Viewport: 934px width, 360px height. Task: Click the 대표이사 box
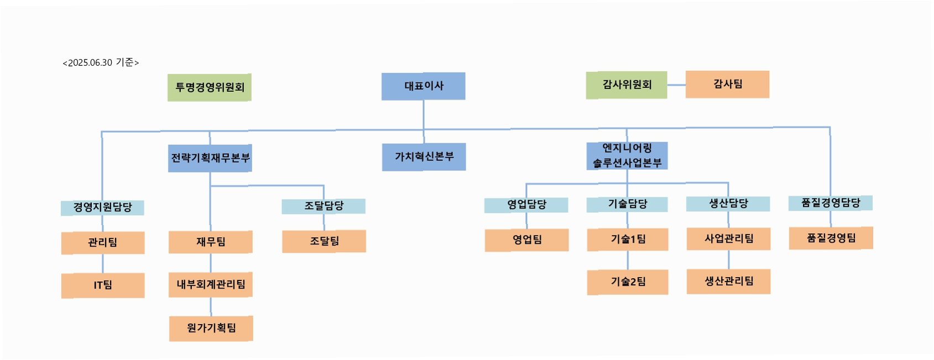pos(423,86)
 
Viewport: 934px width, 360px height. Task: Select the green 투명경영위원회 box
pos(210,87)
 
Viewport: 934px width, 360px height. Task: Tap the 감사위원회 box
pos(627,85)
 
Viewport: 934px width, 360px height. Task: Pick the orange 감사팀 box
pos(727,85)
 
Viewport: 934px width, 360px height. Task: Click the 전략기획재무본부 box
pos(210,158)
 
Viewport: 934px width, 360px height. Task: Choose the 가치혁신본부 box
pos(424,157)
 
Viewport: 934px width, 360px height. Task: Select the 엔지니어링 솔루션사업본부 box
pos(627,155)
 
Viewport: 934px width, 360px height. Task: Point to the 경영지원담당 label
pos(102,207)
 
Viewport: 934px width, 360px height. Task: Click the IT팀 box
pos(103,285)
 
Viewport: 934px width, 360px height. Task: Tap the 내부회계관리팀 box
pos(211,284)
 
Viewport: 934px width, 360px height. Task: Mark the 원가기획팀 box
pos(211,328)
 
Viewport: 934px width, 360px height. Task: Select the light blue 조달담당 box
pos(323,206)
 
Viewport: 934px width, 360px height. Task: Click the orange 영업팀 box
pos(526,240)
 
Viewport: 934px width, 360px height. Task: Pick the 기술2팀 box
pos(628,282)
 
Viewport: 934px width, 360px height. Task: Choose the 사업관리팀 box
pos(728,239)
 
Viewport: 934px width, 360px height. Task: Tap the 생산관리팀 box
pos(728,281)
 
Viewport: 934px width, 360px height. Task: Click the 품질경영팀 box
pos(831,238)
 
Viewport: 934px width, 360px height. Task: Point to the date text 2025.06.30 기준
pos(101,63)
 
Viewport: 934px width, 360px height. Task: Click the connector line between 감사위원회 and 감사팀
pos(676,85)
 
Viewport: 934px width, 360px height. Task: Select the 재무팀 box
pos(211,242)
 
